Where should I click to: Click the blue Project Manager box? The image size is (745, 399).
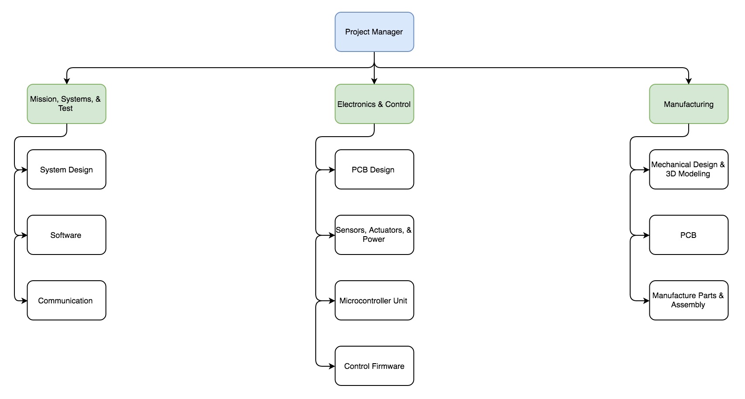374,32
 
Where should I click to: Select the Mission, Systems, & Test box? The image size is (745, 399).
66,104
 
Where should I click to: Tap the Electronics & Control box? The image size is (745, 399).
374,104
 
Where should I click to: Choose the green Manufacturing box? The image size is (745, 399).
689,104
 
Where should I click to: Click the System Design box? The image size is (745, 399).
66,169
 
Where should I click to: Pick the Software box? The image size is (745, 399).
66,235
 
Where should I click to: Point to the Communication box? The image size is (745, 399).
66,300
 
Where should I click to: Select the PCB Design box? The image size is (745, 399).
374,169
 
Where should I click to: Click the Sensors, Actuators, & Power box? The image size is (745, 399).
374,235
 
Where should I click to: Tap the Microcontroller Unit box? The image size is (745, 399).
374,300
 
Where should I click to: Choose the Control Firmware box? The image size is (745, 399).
374,366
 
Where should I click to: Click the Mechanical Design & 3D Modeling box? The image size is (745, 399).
689,169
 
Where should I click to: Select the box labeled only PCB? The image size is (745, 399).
689,235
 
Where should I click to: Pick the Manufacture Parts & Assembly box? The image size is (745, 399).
689,300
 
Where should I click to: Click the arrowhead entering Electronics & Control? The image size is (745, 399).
374,81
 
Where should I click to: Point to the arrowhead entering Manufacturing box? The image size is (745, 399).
689,81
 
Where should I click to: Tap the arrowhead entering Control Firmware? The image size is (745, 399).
331,366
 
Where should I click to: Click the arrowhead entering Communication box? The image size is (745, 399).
24,301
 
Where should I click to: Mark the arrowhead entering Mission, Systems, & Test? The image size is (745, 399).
66,81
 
